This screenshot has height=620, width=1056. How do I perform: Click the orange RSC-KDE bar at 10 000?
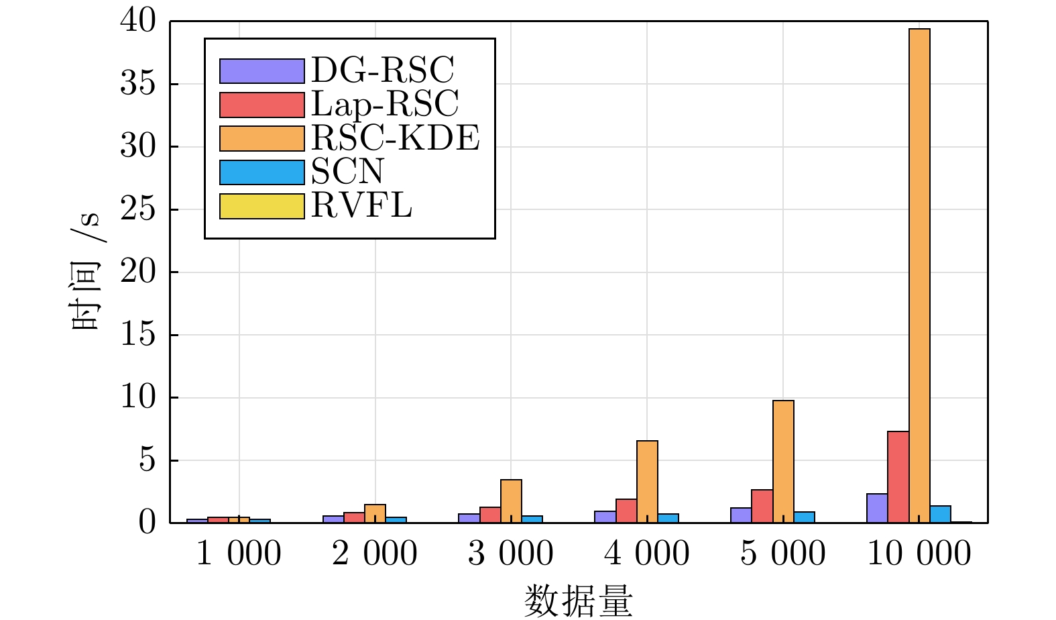pyautogui.click(x=919, y=275)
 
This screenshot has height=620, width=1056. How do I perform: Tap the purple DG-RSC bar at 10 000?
pyautogui.click(x=877, y=508)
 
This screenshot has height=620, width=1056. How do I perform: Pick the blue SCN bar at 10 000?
pyautogui.click(x=940, y=514)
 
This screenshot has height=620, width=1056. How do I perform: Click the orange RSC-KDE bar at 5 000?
pyautogui.click(x=783, y=462)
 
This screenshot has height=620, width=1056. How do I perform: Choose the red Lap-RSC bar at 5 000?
pyautogui.click(x=762, y=506)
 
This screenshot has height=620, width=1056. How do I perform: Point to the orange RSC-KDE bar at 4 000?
pyautogui.click(x=647, y=481)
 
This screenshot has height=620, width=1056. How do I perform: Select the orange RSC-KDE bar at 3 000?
pyautogui.click(x=511, y=501)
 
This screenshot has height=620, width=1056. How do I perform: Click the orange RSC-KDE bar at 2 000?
pyautogui.click(x=375, y=513)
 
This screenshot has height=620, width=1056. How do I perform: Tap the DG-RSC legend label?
pyautogui.click(x=383, y=70)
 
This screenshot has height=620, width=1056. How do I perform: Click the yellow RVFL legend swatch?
pyautogui.click(x=261, y=206)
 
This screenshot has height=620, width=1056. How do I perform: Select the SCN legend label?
pyautogui.click(x=347, y=172)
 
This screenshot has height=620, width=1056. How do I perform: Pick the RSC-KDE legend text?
pyautogui.click(x=396, y=138)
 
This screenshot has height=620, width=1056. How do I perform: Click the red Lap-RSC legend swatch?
pyautogui.click(x=261, y=105)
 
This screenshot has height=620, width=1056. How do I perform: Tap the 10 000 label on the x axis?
pyautogui.click(x=919, y=554)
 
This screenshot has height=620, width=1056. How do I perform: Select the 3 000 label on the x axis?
pyautogui.click(x=511, y=554)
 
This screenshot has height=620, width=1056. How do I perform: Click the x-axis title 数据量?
pyautogui.click(x=578, y=601)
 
